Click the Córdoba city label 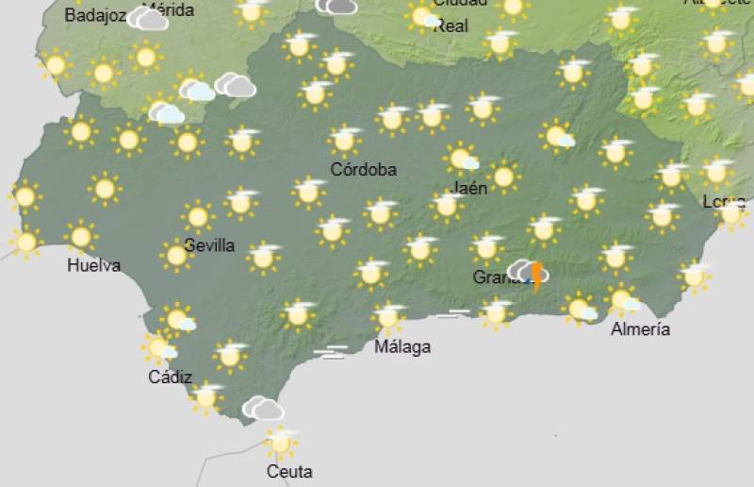(363, 170)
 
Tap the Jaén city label (470, 188)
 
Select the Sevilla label (209, 245)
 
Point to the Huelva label (93, 265)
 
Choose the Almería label (641, 329)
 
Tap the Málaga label (402, 346)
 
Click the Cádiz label (170, 378)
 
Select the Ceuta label (289, 471)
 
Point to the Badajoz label (94, 15)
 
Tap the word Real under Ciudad (451, 26)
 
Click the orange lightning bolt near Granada (537, 277)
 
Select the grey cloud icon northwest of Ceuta (263, 408)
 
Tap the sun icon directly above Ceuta (280, 442)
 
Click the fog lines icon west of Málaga (330, 352)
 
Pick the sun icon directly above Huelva (81, 235)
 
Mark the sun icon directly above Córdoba (346, 141)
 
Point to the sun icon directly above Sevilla (198, 216)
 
